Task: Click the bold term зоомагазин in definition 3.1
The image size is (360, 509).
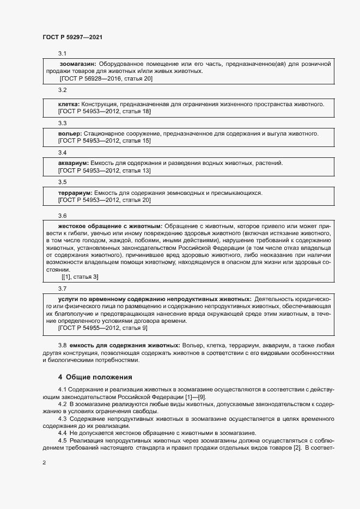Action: (77, 64)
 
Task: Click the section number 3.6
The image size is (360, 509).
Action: (62, 216)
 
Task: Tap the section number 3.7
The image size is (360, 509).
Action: (62, 289)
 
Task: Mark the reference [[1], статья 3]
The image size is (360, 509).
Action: (80, 277)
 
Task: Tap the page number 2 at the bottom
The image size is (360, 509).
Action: (44, 462)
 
